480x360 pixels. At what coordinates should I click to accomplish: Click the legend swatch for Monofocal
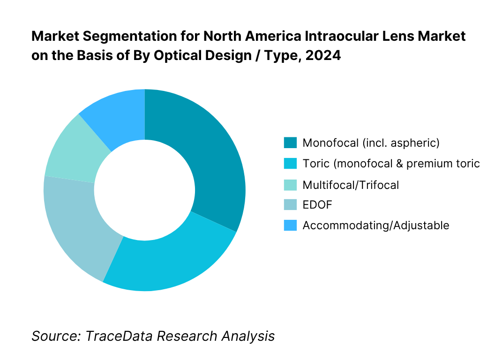pos(290,142)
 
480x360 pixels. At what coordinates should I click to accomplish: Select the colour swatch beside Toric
pos(290,164)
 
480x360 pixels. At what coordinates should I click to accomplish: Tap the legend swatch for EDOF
pos(290,205)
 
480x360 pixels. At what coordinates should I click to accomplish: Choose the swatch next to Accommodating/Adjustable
pos(290,225)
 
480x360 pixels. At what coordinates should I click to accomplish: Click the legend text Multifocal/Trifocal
pos(351,185)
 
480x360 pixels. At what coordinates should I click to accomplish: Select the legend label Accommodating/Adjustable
pos(376,225)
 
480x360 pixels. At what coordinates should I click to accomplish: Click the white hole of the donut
pos(144,190)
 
